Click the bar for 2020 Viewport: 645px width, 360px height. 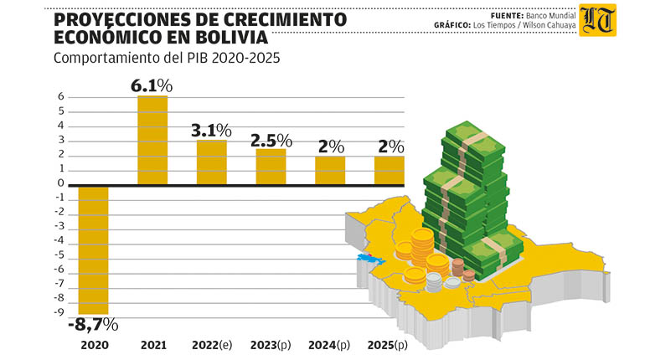point(93,249)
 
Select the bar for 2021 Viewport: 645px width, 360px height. point(152,140)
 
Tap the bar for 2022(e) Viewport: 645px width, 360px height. point(211,162)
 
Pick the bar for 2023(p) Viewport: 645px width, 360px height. point(271,166)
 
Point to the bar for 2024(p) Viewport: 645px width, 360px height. point(329,170)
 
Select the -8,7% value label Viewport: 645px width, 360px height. point(92,324)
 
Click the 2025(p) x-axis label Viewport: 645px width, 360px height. point(388,345)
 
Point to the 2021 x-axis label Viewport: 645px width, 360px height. point(152,345)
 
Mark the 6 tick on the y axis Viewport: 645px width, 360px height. point(60,97)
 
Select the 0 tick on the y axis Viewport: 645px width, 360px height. point(60,183)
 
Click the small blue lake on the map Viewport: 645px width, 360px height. point(366,258)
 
